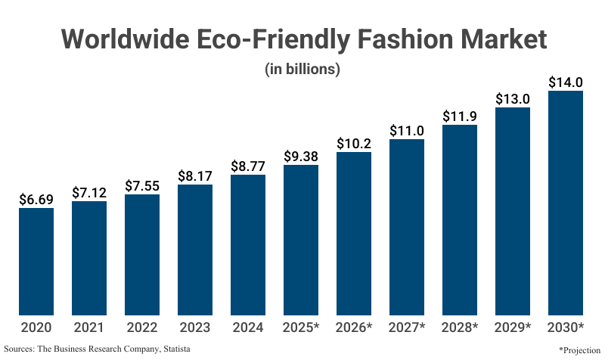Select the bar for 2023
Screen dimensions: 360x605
tap(195, 250)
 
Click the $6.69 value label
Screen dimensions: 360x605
tap(36, 200)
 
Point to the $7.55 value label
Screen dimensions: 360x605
tap(142, 186)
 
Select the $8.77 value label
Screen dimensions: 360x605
tap(248, 166)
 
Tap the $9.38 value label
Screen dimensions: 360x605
tap(301, 157)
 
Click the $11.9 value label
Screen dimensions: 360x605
tap(460, 116)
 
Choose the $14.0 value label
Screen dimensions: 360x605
tap(566, 82)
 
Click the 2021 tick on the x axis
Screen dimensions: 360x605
tap(89, 327)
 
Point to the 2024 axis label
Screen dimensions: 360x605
tap(248, 327)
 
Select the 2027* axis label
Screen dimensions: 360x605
tap(407, 327)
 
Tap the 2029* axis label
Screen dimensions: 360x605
tap(513, 327)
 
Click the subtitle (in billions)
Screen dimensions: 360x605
tap(302, 69)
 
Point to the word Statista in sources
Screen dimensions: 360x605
tap(173, 349)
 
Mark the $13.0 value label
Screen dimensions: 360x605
tap(513, 99)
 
